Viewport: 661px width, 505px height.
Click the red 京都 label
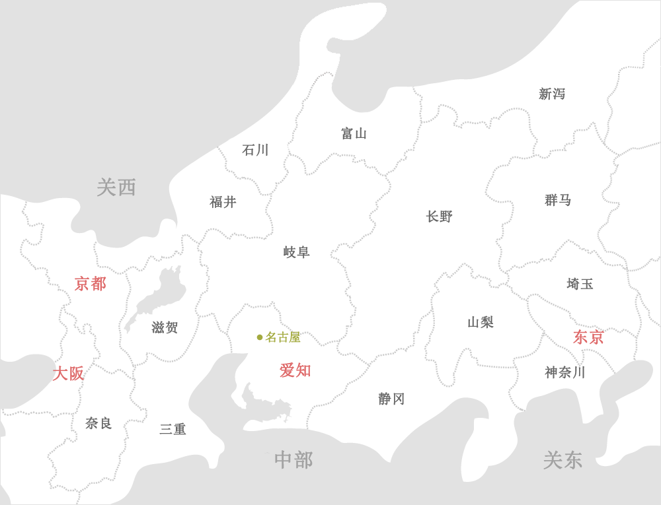point(91,284)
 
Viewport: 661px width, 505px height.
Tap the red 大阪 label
point(68,374)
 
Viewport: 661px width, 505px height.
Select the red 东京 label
point(588,337)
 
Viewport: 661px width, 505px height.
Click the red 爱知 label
point(295,370)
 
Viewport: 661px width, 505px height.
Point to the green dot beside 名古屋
point(260,337)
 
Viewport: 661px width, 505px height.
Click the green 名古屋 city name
point(283,337)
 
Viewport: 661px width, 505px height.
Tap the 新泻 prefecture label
point(552,94)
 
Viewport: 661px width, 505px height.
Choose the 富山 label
point(354,134)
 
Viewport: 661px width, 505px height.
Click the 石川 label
point(255,151)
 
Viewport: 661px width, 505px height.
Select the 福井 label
point(223,202)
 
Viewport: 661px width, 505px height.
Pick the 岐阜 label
point(296,252)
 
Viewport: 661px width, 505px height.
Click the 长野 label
point(440,217)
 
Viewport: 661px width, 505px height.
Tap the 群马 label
point(558,200)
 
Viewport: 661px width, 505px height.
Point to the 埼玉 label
point(580,284)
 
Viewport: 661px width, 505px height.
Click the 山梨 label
point(481,322)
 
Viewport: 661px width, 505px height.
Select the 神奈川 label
point(565,372)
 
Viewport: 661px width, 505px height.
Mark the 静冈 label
point(391,399)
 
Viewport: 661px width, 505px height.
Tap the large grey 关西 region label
point(116,187)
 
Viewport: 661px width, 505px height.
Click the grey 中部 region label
point(293,460)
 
